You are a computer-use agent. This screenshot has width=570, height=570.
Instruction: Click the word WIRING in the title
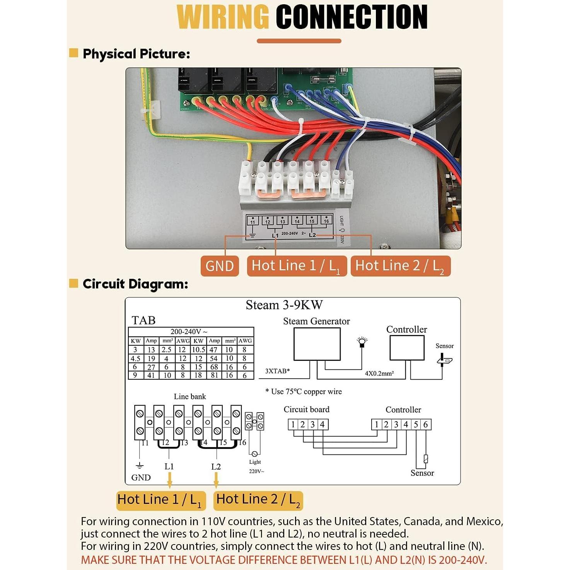point(223,17)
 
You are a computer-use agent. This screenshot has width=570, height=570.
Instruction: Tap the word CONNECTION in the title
point(351,17)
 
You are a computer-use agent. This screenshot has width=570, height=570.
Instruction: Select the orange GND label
point(219,266)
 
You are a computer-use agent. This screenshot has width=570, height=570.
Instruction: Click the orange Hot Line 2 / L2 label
point(400,266)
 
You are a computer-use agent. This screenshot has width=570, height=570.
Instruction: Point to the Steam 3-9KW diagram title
point(284,305)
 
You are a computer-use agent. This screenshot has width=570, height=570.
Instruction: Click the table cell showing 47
point(214,350)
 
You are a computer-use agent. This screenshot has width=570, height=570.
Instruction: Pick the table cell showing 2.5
point(167,350)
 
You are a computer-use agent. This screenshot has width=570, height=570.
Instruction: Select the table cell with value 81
point(214,375)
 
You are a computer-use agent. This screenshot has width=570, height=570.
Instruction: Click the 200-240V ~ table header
point(189,332)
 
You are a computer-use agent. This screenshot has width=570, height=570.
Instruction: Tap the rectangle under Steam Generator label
point(317,344)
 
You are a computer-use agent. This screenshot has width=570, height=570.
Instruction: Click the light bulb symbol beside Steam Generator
point(362,342)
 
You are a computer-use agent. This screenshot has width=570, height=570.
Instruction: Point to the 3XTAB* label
point(277,371)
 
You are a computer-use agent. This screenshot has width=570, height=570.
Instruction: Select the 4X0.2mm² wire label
point(379,374)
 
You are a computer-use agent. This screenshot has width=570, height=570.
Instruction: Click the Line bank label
point(190,396)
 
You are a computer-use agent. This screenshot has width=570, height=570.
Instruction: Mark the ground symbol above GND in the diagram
point(140,466)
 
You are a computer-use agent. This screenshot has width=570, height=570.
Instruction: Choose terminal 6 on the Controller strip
point(425,425)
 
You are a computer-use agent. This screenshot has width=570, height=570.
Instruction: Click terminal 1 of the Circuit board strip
point(293,425)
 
